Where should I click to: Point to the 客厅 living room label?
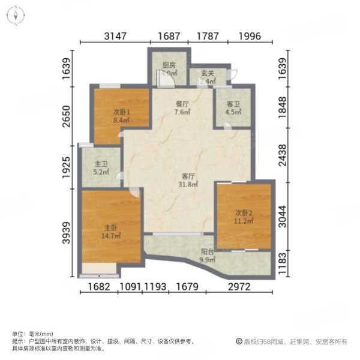click(x=188, y=176)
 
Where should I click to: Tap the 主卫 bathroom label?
click(x=101, y=164)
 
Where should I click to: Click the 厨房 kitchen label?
click(x=169, y=65)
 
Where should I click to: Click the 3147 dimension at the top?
click(x=115, y=36)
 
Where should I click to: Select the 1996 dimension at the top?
click(x=249, y=36)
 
